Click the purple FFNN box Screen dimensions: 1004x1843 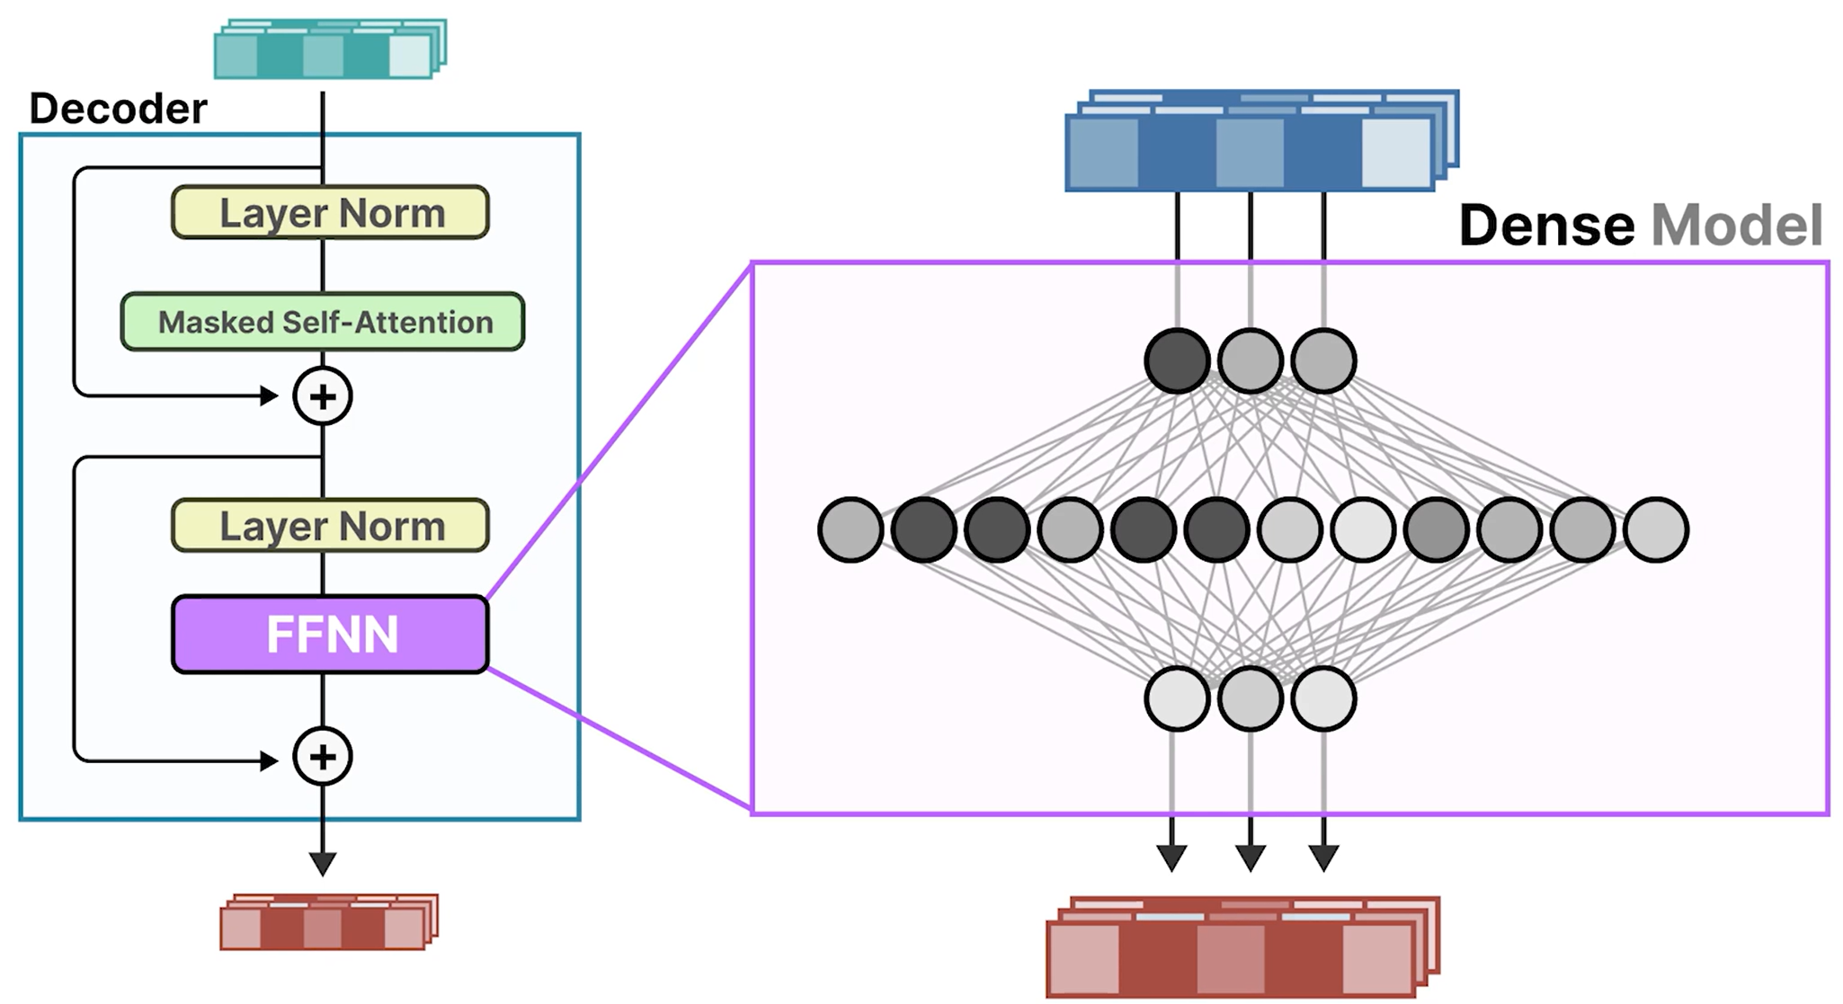330,635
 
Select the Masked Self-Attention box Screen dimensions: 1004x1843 323,322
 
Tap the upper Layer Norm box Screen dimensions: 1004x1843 330,213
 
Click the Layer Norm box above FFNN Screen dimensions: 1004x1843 330,526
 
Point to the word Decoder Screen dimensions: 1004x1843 118,109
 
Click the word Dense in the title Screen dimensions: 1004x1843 1545,225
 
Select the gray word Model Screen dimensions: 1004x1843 1737,225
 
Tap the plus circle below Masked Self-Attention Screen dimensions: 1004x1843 323,396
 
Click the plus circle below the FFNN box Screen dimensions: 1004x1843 323,757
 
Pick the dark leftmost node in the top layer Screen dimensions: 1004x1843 1177,360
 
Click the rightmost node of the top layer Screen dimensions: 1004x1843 1323,360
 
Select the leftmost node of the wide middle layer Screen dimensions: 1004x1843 850,529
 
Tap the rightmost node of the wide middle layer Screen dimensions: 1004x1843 1656,529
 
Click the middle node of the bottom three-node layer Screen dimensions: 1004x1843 1250,698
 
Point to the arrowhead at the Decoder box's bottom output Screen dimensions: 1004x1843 323,864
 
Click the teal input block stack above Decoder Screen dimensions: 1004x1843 329,50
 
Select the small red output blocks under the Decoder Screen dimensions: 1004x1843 328,923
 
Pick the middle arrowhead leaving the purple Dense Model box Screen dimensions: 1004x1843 1251,857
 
